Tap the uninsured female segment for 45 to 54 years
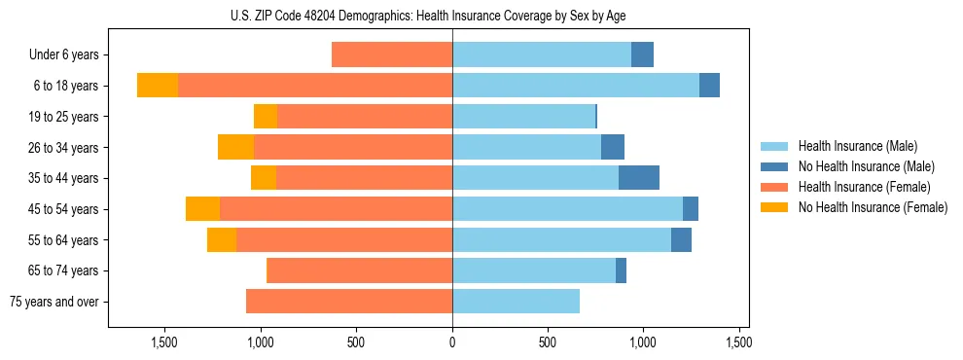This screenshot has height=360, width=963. tap(202, 209)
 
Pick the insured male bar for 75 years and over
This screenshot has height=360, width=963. tap(516, 302)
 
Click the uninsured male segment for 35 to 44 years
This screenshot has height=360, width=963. tap(639, 178)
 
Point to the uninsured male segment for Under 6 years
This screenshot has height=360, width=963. tap(642, 55)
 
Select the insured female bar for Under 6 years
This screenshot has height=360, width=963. tap(392, 55)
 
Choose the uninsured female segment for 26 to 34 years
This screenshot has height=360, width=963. tap(235, 148)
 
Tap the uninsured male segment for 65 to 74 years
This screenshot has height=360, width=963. tap(621, 270)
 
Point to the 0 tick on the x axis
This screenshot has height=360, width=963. tap(452, 342)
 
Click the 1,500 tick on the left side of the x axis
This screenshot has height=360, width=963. tap(164, 342)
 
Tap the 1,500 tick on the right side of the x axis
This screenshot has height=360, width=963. tap(739, 342)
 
